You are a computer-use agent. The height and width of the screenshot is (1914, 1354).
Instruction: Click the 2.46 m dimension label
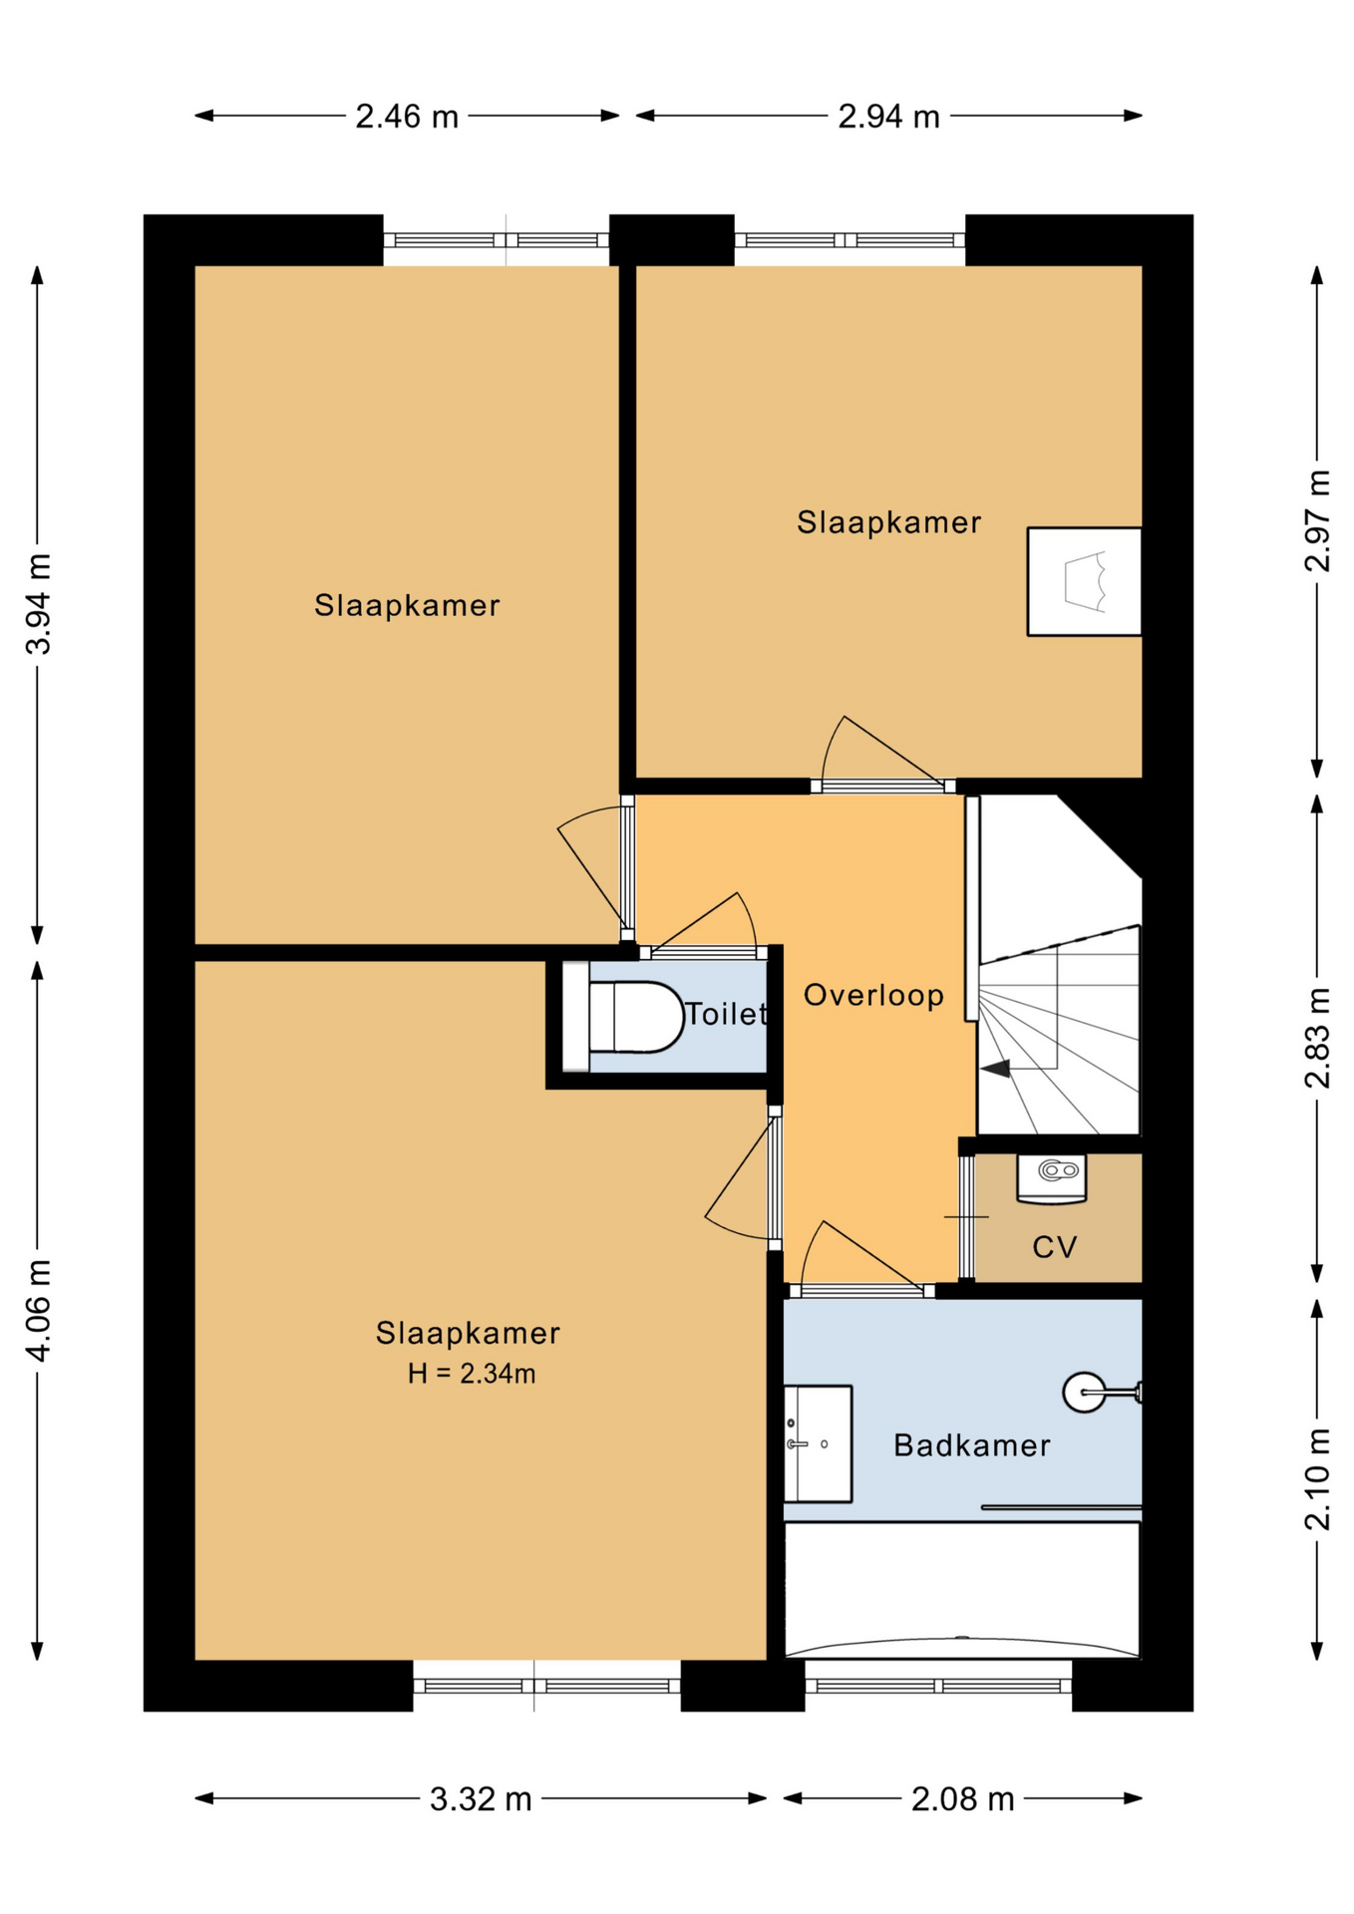click(407, 117)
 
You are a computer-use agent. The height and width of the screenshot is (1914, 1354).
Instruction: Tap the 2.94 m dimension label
click(888, 117)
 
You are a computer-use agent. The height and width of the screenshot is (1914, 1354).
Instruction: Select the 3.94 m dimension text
click(38, 604)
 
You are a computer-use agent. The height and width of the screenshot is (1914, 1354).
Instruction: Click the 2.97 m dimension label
click(1317, 520)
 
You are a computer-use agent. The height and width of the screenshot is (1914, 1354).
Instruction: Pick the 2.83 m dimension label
click(1317, 1038)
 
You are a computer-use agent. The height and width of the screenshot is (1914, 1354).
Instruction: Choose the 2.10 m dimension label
click(1317, 1479)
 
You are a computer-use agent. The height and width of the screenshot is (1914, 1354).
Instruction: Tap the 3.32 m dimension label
click(481, 1799)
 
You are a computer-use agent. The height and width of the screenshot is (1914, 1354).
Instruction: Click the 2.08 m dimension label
click(962, 1799)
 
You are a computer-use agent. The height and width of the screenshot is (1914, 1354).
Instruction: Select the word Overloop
click(873, 995)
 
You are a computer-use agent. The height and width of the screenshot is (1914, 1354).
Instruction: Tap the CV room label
click(1055, 1247)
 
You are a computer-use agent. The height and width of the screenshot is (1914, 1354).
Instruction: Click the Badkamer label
click(972, 1445)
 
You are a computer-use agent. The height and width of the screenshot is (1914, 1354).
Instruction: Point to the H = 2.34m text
click(472, 1374)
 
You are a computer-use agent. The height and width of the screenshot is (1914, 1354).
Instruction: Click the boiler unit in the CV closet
click(1051, 1177)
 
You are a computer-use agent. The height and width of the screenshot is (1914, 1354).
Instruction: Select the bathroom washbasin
click(818, 1443)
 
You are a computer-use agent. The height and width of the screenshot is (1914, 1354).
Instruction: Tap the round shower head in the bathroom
click(1084, 1392)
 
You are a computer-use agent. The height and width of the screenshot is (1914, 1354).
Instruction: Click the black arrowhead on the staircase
click(996, 1069)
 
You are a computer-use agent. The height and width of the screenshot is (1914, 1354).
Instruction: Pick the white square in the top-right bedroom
click(1085, 581)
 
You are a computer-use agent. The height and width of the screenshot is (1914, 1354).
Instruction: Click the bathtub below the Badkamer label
click(962, 1590)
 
